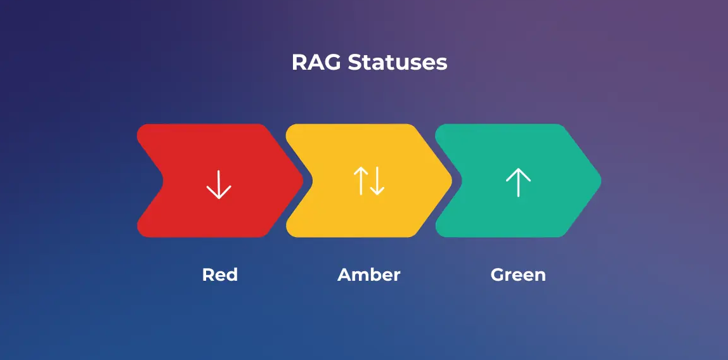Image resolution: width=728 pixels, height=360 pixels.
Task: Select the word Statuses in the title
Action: [x=398, y=63]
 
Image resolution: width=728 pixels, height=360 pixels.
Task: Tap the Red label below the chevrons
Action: [x=220, y=274]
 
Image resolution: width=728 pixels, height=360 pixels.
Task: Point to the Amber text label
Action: [x=368, y=274]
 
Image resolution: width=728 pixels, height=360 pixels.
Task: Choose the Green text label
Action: [x=518, y=274]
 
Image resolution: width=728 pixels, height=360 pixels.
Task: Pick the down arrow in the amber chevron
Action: [x=377, y=181]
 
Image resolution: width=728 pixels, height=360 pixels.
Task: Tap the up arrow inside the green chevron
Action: [x=518, y=182]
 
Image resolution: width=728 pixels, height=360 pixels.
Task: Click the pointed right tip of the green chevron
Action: [x=601, y=181]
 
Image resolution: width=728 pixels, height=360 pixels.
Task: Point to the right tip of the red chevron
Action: [x=302, y=181]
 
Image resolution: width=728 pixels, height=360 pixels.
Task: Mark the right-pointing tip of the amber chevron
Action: [x=452, y=181]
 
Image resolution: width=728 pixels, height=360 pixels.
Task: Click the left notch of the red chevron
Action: [x=162, y=181]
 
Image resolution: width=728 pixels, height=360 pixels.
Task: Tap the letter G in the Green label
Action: [x=498, y=274]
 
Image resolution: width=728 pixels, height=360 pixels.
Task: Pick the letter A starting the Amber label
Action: [x=345, y=274]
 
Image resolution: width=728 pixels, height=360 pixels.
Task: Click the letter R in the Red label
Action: [x=209, y=274]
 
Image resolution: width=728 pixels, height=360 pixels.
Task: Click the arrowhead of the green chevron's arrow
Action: [x=518, y=174]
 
